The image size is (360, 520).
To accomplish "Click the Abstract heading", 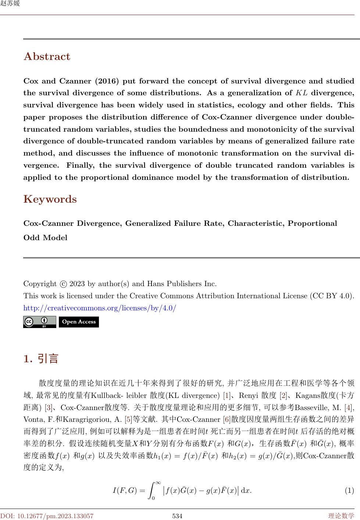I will pos(47,57).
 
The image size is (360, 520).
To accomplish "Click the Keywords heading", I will pos(50,199).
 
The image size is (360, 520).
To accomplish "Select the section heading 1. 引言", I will pos(41,359).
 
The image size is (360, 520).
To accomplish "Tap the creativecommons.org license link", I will pos(100,308).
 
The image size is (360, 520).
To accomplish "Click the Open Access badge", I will pos(79,322).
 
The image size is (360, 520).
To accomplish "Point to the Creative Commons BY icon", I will pos(40,322).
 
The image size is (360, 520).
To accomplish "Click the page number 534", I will pos(178,516).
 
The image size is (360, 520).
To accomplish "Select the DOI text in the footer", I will pos(47,516).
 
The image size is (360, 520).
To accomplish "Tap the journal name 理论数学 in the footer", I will pos(341,516).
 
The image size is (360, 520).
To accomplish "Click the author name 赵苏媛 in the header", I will pos(10,4).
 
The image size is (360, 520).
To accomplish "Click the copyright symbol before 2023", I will pos(63,284).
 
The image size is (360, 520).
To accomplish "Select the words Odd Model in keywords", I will pos(45,238).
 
